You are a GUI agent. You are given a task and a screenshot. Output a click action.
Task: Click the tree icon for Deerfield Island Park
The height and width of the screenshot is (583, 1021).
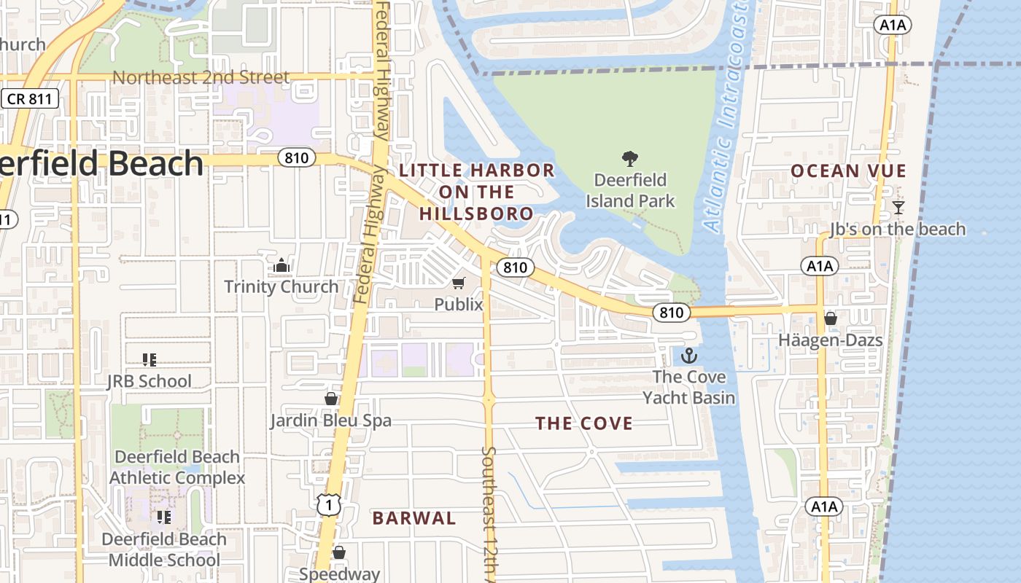click(629, 158)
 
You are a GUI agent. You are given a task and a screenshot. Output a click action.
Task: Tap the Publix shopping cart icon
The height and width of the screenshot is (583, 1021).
click(459, 283)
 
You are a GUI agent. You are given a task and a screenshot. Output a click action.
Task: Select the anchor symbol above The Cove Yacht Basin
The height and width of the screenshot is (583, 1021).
click(688, 356)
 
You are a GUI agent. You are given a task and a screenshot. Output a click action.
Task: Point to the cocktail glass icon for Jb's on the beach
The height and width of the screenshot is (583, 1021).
click(898, 208)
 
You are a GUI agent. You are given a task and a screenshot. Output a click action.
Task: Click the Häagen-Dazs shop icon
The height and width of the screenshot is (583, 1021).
click(830, 318)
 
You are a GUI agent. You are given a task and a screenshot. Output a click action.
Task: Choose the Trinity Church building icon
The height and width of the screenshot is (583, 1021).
click(282, 265)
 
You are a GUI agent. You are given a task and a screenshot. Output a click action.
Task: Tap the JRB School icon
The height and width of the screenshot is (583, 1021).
click(150, 359)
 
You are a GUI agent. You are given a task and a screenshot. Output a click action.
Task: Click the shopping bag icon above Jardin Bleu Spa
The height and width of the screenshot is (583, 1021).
click(331, 399)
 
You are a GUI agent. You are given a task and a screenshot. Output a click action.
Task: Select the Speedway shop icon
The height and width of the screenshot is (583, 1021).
click(339, 552)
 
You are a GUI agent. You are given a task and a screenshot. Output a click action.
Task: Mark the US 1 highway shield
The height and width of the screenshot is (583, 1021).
click(329, 504)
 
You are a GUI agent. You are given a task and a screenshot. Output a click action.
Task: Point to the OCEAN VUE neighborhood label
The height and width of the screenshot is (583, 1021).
click(848, 171)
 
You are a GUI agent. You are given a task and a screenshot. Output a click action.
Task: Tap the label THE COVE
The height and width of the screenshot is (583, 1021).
click(584, 423)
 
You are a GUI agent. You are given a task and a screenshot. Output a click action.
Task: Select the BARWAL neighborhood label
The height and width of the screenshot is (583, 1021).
click(414, 518)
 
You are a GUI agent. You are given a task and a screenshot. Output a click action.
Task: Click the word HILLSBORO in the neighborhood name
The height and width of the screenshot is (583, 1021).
click(476, 214)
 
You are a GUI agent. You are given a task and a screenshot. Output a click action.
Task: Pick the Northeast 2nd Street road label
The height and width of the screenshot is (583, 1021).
click(201, 77)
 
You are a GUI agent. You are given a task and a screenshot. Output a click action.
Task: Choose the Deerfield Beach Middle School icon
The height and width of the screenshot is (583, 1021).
click(164, 517)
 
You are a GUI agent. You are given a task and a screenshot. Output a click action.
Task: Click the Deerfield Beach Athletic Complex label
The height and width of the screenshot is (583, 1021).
click(177, 467)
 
